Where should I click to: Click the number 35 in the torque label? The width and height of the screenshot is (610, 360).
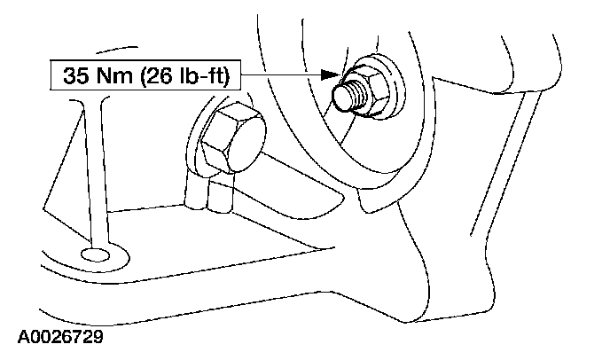tap(75, 77)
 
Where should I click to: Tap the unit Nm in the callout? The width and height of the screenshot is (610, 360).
tap(108, 77)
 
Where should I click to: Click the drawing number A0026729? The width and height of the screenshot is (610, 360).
tap(59, 339)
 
